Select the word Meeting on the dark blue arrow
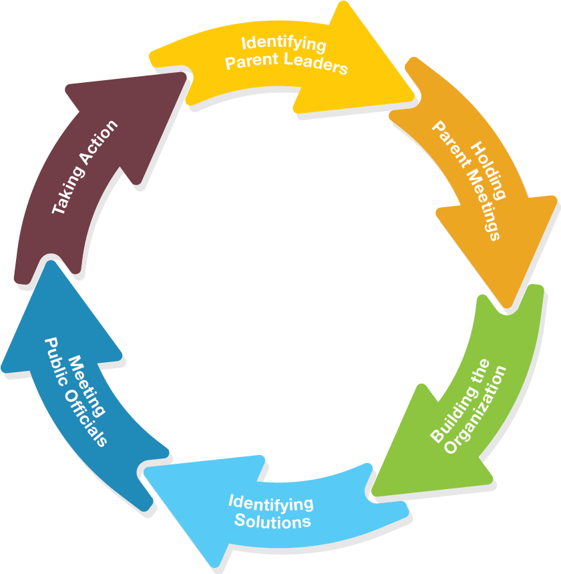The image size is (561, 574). (87, 384)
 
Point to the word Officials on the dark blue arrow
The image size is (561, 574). (87, 420)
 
